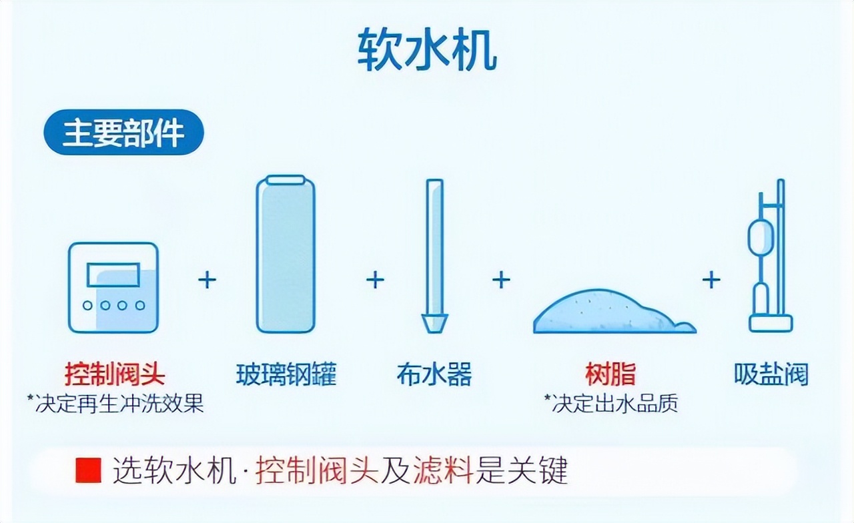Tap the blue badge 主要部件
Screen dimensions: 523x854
click(x=123, y=132)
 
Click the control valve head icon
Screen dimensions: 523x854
click(x=113, y=288)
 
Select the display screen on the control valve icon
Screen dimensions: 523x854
click(x=113, y=275)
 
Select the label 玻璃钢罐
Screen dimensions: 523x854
click(x=286, y=375)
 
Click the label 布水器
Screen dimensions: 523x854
click(x=434, y=375)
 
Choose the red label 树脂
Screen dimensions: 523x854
click(x=610, y=374)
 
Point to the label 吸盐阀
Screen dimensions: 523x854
click(x=771, y=374)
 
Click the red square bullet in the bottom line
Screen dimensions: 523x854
click(x=88, y=471)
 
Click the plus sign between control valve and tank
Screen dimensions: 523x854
click(x=207, y=280)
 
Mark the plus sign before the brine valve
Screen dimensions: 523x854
click(x=711, y=280)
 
